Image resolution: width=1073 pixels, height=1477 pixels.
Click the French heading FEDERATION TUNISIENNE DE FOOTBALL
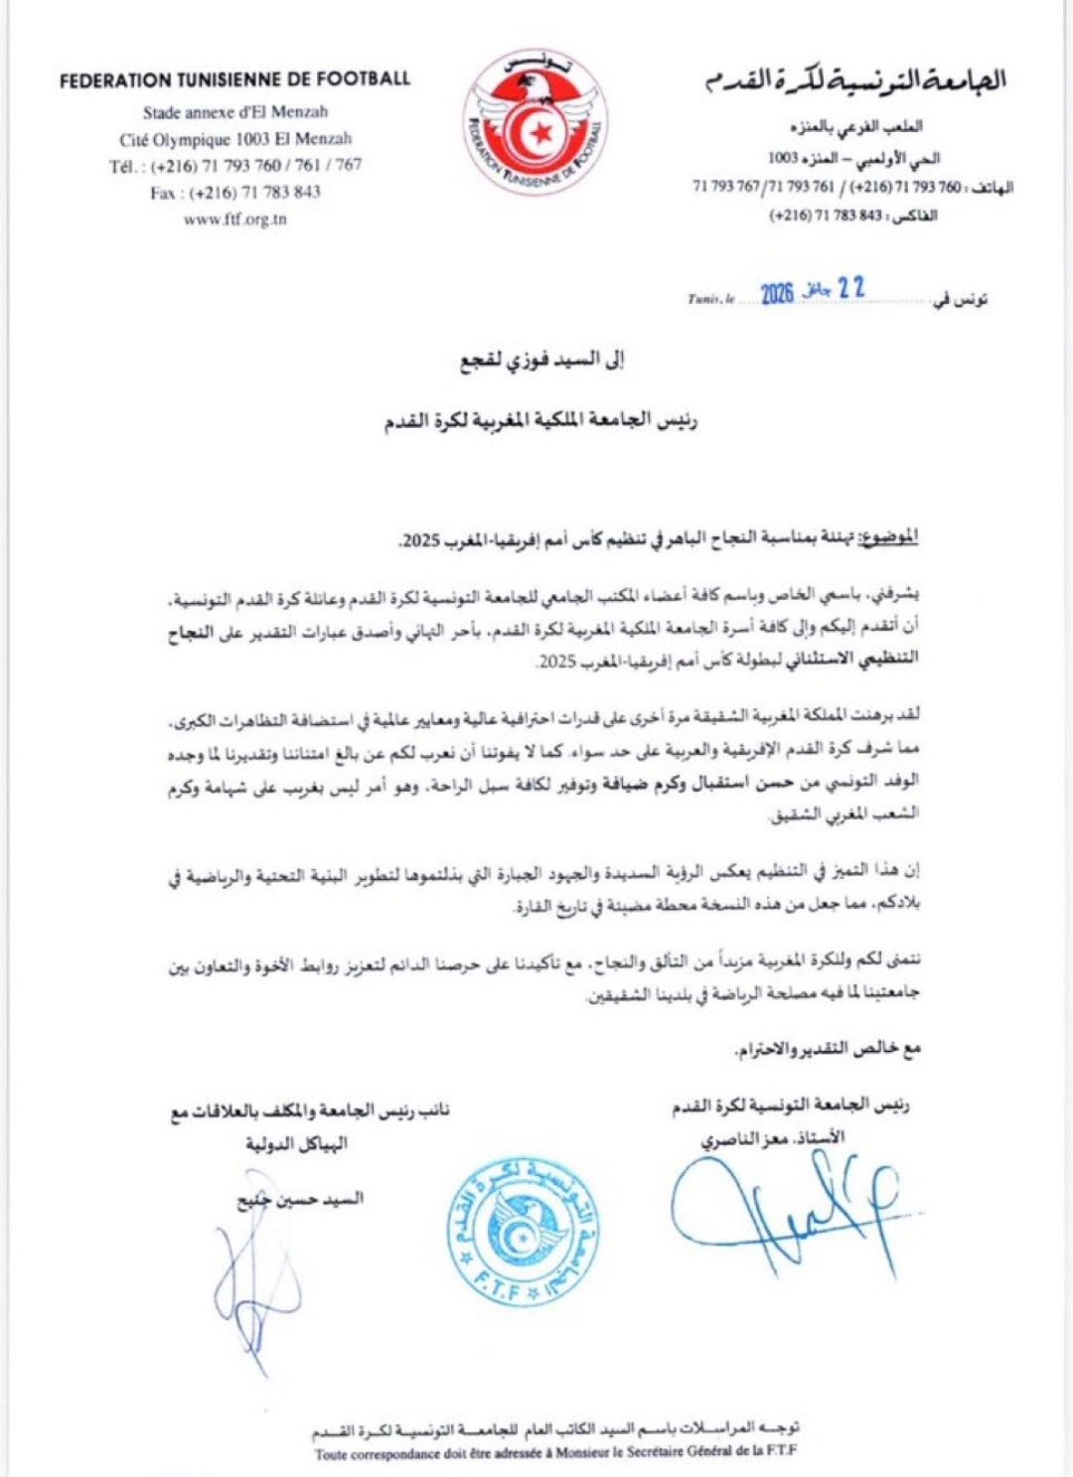coord(234,79)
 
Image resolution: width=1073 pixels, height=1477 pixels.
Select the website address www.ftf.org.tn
coord(235,220)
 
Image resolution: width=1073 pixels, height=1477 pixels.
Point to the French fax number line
coord(235,193)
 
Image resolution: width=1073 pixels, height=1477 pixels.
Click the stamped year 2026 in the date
coord(777,293)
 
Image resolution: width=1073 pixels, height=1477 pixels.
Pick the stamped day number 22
coord(850,288)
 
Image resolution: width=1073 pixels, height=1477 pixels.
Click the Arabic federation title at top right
coord(855,80)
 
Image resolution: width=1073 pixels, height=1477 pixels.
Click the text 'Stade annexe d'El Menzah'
coord(235,112)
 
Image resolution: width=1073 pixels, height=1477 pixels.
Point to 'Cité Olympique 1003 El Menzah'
coord(235,139)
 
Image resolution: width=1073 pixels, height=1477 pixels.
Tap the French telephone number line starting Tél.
coord(235,166)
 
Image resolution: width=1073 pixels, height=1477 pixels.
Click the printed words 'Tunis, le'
coord(710,298)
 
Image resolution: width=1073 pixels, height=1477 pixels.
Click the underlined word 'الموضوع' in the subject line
coord(887,537)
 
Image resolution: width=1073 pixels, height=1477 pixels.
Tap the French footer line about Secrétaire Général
coord(556,1453)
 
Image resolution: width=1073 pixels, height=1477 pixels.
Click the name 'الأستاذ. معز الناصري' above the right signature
coord(773,1138)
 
